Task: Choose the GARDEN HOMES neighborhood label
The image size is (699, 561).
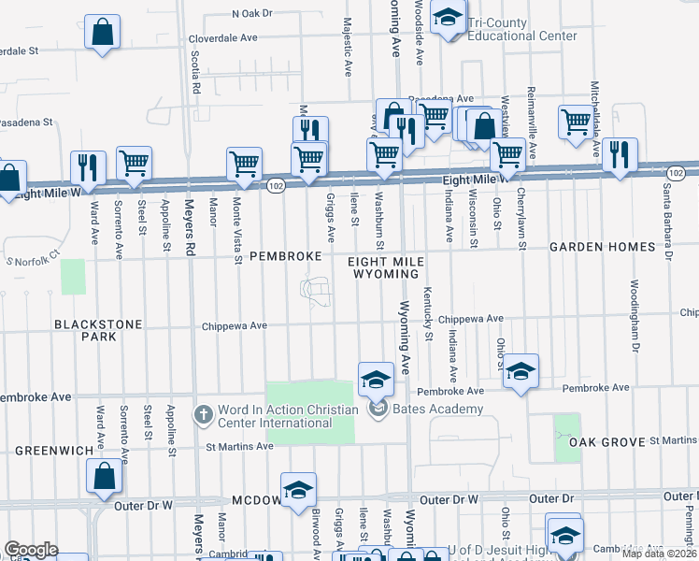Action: pos(602,247)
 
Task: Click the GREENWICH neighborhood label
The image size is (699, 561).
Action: pos(53,451)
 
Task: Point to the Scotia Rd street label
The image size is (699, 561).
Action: pos(196,71)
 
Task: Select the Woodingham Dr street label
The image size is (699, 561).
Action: pos(634,309)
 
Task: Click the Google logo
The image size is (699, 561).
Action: pos(31,549)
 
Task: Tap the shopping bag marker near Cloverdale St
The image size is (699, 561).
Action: pos(102,34)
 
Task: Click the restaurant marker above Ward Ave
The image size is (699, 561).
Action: pos(88,168)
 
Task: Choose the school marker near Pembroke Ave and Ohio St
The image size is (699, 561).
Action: pos(521,371)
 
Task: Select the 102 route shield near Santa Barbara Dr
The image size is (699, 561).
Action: pos(677,173)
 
